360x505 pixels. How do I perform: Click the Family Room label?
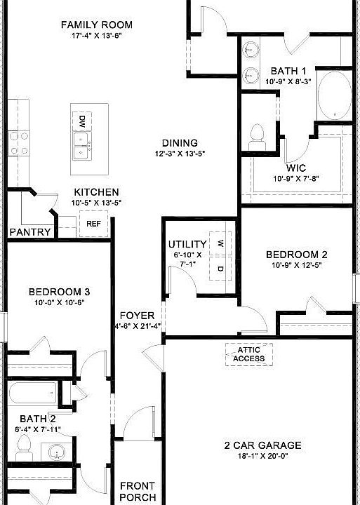coord(97,25)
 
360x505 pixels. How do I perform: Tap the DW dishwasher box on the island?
coord(82,120)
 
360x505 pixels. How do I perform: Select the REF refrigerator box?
coord(93,224)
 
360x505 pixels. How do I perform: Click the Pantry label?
coord(30,232)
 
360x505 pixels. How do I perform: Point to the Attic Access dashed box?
coord(250,354)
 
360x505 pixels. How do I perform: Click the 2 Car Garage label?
coord(262,445)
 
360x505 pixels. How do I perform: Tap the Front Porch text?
coord(138,491)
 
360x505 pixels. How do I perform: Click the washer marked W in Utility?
coord(220,243)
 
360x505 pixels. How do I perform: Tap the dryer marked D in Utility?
coord(220,269)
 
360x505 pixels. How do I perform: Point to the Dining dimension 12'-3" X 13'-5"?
coord(180,154)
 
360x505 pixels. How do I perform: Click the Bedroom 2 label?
coord(296,255)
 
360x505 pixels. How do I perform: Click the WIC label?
coord(295,168)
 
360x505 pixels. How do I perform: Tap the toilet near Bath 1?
coord(258,133)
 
